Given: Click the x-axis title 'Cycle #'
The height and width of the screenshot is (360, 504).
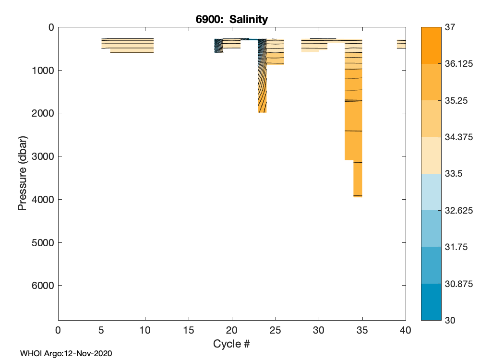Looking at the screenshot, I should click(x=231, y=344).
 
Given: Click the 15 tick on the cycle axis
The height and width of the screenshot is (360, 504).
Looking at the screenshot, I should click(x=189, y=330).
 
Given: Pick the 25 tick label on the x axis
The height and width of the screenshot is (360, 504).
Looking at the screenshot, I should click(x=276, y=330).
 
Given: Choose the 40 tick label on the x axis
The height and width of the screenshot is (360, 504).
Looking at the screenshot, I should click(x=406, y=330).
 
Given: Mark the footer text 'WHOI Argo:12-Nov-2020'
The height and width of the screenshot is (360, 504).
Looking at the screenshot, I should click(x=66, y=354).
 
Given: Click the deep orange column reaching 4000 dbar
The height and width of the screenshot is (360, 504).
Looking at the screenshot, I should click(x=358, y=178).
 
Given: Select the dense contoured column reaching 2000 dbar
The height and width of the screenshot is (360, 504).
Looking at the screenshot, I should click(x=262, y=77).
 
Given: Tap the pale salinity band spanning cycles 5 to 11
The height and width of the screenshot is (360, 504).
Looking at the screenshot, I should click(x=128, y=45).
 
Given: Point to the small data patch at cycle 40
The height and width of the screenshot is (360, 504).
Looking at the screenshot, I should click(x=401, y=44).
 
